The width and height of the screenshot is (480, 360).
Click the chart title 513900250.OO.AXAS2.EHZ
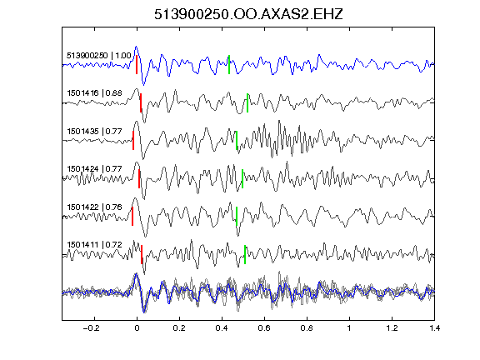tap(248, 14)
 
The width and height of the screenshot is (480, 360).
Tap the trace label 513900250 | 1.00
tap(99, 56)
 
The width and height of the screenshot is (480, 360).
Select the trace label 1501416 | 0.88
tap(95, 93)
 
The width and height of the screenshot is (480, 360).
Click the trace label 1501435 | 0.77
tap(95, 132)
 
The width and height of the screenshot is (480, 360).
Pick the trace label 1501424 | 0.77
tap(95, 169)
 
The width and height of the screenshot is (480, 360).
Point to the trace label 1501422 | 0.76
tap(95, 207)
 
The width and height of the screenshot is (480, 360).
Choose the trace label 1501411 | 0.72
tap(95, 245)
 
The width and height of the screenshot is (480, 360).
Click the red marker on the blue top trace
tap(137, 65)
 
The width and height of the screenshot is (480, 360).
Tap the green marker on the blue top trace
tap(229, 65)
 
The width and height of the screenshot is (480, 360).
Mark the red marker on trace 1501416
tap(141, 102)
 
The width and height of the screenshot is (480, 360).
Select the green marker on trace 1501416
tap(247, 102)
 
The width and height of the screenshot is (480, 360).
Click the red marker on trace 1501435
tap(133, 141)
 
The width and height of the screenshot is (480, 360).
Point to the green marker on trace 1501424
tap(242, 179)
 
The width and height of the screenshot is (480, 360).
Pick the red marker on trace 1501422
tap(132, 217)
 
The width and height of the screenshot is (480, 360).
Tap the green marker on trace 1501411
tap(245, 254)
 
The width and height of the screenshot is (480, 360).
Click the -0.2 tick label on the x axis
tap(91, 328)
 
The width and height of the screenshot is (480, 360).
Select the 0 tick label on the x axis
tap(137, 328)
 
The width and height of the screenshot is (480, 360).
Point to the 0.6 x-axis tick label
tap(264, 328)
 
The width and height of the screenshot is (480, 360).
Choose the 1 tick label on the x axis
tap(349, 328)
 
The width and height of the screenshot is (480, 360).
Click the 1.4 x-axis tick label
tap(434, 328)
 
